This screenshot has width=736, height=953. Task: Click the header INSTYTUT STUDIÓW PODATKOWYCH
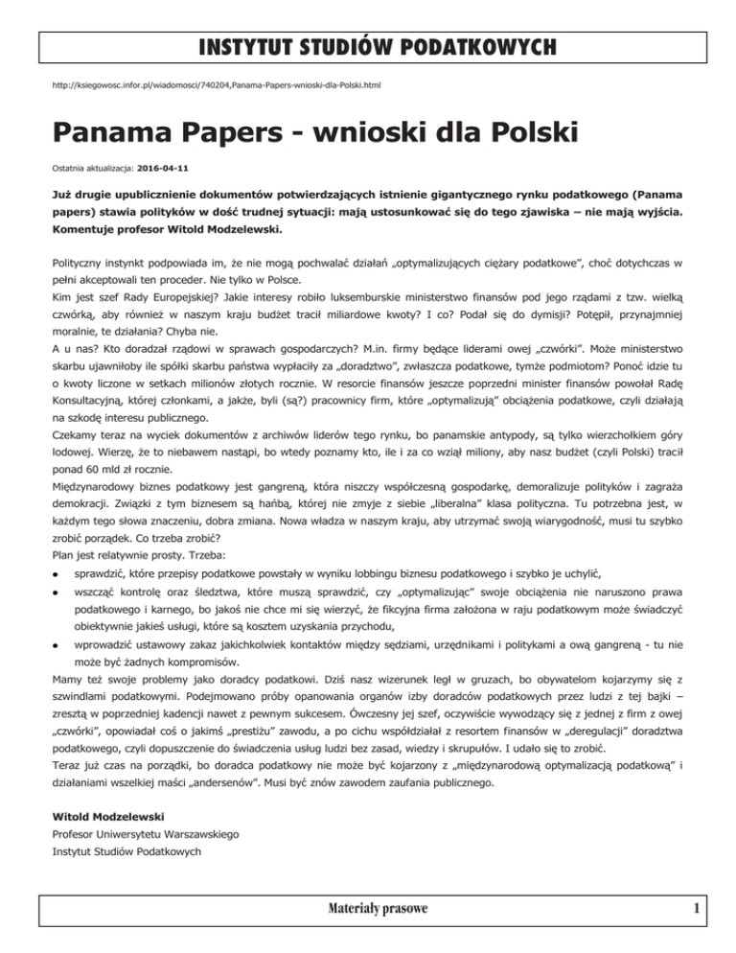(x=368, y=46)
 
